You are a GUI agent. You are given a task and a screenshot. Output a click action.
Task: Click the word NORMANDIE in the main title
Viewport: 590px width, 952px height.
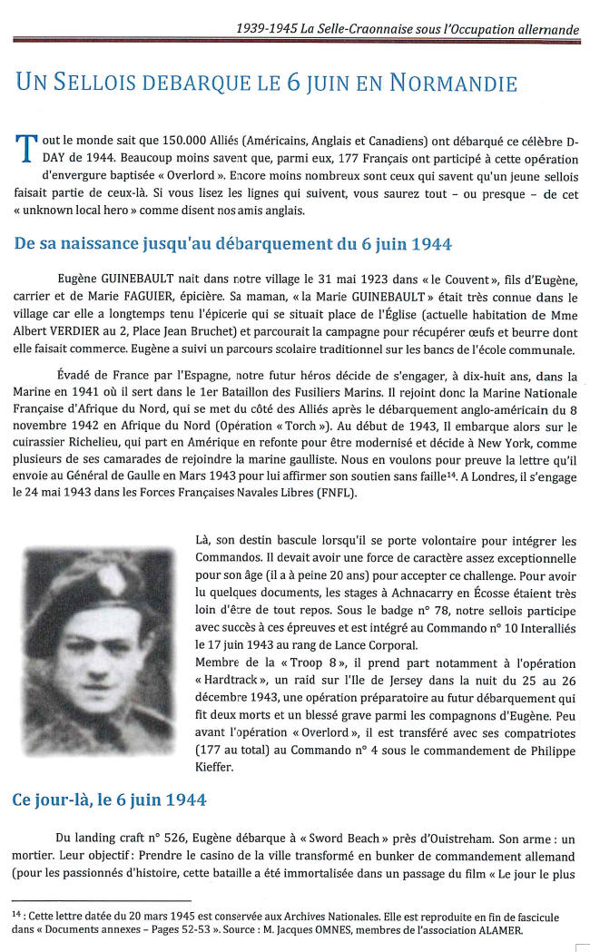point(453,83)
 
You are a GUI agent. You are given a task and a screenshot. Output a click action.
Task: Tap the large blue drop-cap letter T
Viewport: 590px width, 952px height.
point(25,147)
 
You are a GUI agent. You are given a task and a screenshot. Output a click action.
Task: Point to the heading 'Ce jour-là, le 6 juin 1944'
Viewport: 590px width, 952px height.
point(108,800)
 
